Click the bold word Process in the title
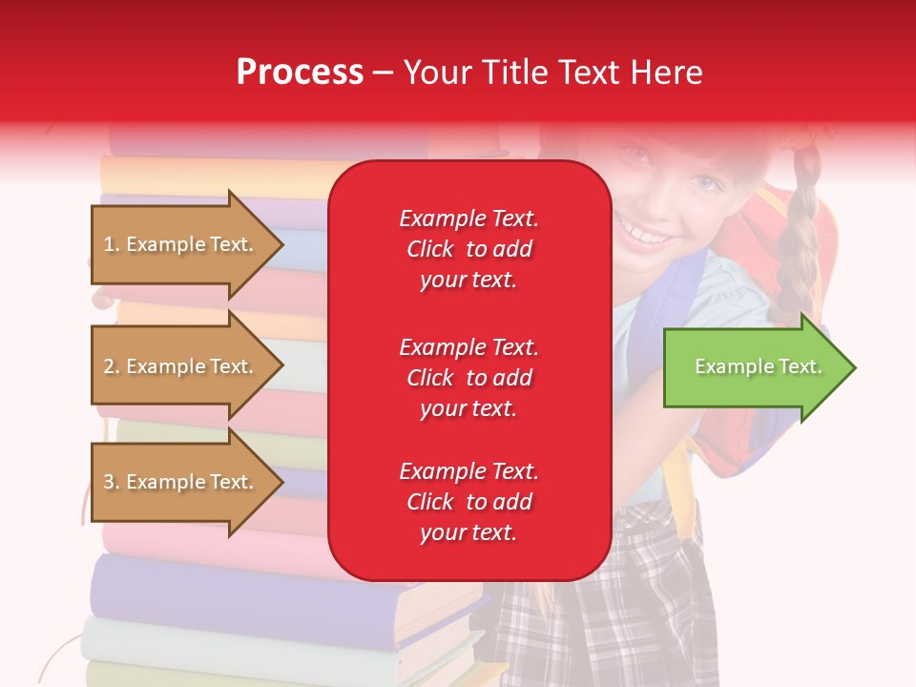pyautogui.click(x=300, y=73)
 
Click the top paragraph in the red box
pyautogui.click(x=468, y=249)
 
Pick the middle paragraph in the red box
pyautogui.click(x=468, y=378)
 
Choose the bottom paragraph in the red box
pyautogui.click(x=468, y=502)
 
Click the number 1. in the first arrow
pyautogui.click(x=112, y=244)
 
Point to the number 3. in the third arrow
pyautogui.click(x=112, y=482)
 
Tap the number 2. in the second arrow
pyautogui.click(x=112, y=366)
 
